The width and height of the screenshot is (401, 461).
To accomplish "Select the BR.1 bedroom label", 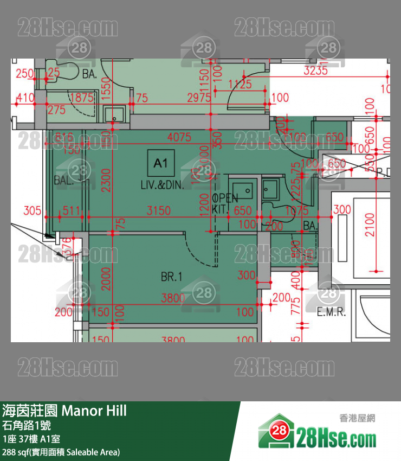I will click(x=171, y=277).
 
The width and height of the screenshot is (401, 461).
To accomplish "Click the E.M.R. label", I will click(x=331, y=312).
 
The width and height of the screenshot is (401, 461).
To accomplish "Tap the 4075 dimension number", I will click(x=179, y=137).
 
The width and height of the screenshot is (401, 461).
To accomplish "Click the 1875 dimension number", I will click(x=82, y=98).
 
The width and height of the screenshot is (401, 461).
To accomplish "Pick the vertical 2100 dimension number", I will click(x=370, y=225).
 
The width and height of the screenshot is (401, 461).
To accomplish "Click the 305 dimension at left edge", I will click(x=32, y=210).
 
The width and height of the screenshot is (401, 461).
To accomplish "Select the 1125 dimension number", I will click(x=240, y=84).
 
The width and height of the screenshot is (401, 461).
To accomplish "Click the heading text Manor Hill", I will click(x=94, y=411).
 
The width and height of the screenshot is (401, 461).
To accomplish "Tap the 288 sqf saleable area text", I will click(x=61, y=452).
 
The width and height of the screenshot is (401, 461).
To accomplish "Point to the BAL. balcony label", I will click(x=63, y=180).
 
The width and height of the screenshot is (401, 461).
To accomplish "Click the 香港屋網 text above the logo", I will click(x=357, y=418).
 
